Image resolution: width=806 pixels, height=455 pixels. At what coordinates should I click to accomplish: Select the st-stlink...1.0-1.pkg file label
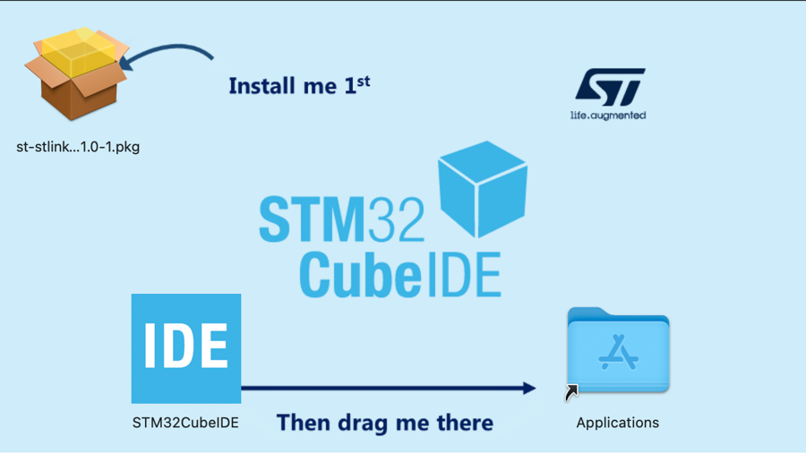tap(78, 147)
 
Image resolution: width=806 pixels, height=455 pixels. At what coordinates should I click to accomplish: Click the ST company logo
tap(609, 88)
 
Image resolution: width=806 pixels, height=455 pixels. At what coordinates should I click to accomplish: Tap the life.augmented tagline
tap(608, 116)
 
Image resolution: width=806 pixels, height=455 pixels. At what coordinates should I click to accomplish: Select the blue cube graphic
tap(482, 188)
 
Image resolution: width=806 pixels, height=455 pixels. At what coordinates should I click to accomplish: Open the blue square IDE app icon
tap(186, 348)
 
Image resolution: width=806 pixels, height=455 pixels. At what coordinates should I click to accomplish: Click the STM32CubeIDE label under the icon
tap(185, 423)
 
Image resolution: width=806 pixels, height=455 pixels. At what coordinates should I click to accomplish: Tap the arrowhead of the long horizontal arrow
tap(528, 388)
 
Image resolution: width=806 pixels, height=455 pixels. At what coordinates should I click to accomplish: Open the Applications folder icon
tap(618, 350)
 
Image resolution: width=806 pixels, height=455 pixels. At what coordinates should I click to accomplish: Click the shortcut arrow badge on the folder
tap(571, 392)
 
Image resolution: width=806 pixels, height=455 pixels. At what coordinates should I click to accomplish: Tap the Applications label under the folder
tap(617, 423)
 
